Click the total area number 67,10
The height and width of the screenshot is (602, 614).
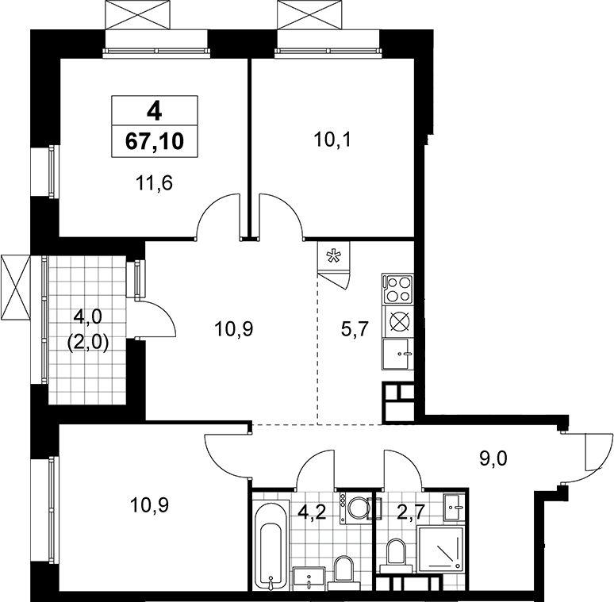(154, 141)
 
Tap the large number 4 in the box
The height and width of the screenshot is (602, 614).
(154, 112)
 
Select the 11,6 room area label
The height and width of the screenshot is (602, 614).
(154, 182)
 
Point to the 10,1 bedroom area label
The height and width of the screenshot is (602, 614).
(333, 140)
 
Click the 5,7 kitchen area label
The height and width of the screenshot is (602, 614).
(355, 329)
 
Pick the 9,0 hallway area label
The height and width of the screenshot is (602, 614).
(493, 458)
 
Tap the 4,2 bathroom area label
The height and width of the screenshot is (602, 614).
(314, 512)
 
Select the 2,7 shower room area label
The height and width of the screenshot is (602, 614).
(411, 512)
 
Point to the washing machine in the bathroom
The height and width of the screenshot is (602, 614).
(355, 508)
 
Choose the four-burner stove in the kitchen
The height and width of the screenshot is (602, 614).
(398, 289)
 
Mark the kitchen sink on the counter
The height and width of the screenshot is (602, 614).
(398, 354)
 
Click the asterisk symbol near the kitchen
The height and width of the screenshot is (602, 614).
(334, 257)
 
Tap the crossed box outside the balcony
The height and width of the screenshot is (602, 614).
(15, 287)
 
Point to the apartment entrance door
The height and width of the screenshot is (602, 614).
(586, 457)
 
